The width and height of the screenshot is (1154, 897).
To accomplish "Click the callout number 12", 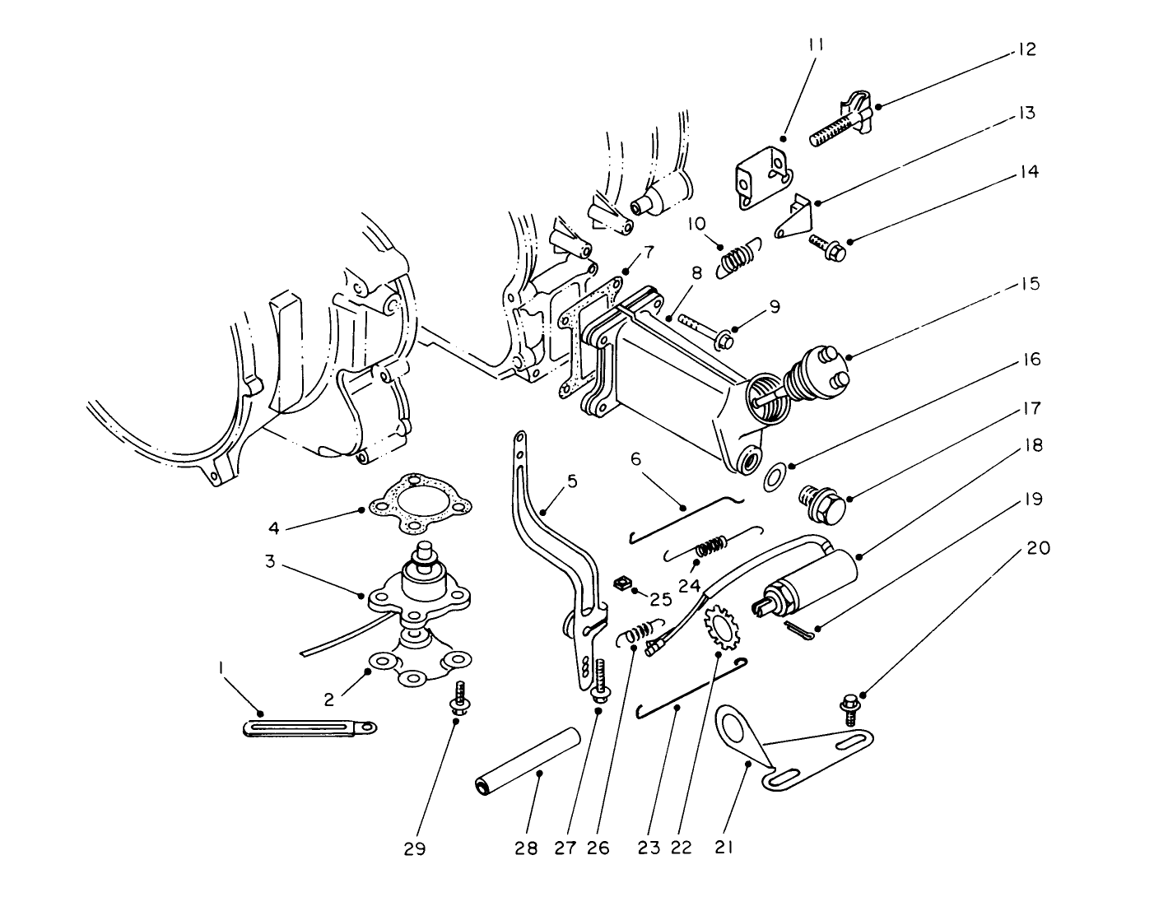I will point(1026,49).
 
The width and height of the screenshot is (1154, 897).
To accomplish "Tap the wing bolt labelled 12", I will point(840,125).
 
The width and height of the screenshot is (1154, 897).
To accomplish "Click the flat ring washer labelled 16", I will point(775,476).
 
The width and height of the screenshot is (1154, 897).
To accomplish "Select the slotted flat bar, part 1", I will point(309,728).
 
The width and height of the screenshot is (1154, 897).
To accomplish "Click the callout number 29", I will point(415,848).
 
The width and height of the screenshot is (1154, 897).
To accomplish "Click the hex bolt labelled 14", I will point(827,245).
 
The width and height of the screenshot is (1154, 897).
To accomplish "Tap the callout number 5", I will point(572,481).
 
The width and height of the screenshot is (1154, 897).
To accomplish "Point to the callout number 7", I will point(649,250).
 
